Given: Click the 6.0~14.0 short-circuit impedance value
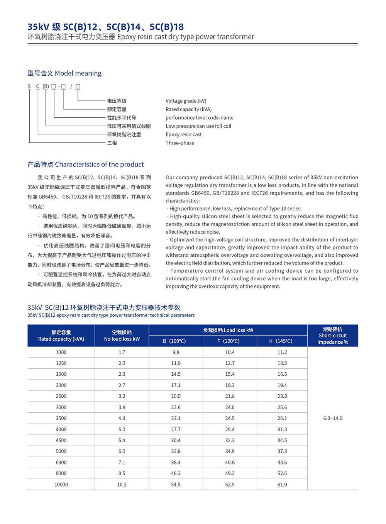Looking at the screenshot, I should pyautogui.click(x=333, y=418).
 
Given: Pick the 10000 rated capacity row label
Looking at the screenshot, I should pyautogui.click(x=61, y=484).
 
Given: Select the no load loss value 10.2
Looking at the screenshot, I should pyautogui.click(x=122, y=484).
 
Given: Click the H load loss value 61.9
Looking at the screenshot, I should pyautogui.click(x=282, y=484).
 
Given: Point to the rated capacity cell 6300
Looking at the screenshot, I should pyautogui.click(x=61, y=462).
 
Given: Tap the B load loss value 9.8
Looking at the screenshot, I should pyautogui.click(x=176, y=352).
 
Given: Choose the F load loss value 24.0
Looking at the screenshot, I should pyautogui.click(x=230, y=407).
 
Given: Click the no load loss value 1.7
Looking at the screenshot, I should pyautogui.click(x=122, y=352).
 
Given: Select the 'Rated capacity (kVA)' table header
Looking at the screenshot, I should pyautogui.click(x=61, y=336).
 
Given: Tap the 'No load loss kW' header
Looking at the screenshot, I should pyautogui.click(x=122, y=336).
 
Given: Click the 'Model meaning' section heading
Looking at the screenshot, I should pyautogui.click(x=64, y=73).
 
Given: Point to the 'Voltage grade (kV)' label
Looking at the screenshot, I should pyautogui.click(x=186, y=101).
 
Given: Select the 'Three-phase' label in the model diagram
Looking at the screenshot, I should pyautogui.click(x=180, y=143).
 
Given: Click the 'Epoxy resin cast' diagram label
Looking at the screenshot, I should pyautogui.click(x=184, y=134).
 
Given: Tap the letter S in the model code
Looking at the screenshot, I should pyautogui.click(x=29, y=86).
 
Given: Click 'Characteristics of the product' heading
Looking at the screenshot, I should pyautogui.click(x=86, y=164).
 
